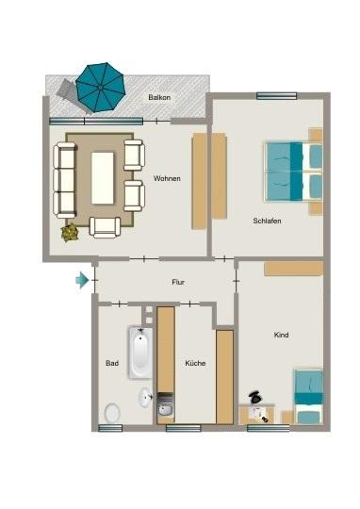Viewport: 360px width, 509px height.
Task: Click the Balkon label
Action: pyautogui.click(x=158, y=98)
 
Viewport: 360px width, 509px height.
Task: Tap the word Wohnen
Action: pyautogui.click(x=167, y=178)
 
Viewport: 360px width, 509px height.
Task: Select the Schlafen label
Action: pyautogui.click(x=267, y=221)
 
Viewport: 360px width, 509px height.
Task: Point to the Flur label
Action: pyautogui.click(x=177, y=282)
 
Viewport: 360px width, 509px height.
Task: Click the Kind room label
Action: pyautogui.click(x=281, y=335)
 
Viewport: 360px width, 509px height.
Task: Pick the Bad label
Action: pyautogui.click(x=112, y=363)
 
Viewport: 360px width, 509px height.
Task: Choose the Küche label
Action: pyautogui.click(x=195, y=363)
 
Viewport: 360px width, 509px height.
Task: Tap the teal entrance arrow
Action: pyautogui.click(x=84, y=280)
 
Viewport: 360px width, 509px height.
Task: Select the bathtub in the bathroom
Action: pyautogui.click(x=139, y=352)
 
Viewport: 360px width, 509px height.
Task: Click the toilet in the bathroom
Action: pyautogui.click(x=112, y=412)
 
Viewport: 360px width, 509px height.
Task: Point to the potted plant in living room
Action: pyautogui.click(x=69, y=231)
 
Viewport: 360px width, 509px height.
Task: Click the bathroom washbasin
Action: pyautogui.click(x=145, y=397)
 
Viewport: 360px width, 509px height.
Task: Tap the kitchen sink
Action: pyautogui.click(x=165, y=408)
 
